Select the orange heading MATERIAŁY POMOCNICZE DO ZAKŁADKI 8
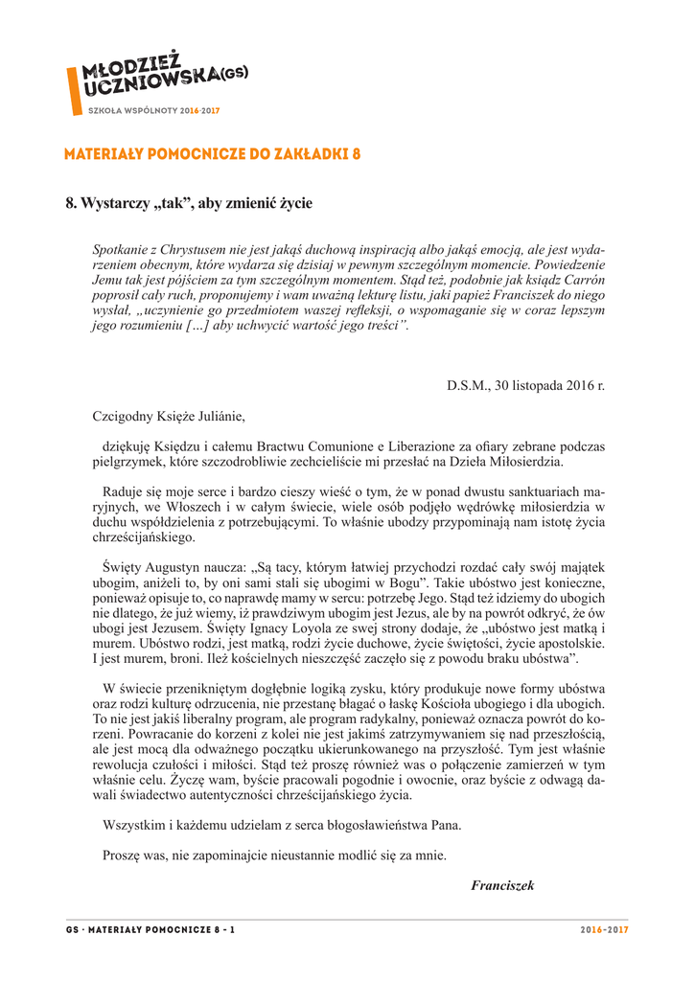pos(212,154)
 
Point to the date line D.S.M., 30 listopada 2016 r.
pos(525,386)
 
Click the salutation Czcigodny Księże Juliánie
pos(169,417)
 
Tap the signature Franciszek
pos(502,885)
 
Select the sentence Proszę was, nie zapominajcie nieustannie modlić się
pos(273,856)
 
